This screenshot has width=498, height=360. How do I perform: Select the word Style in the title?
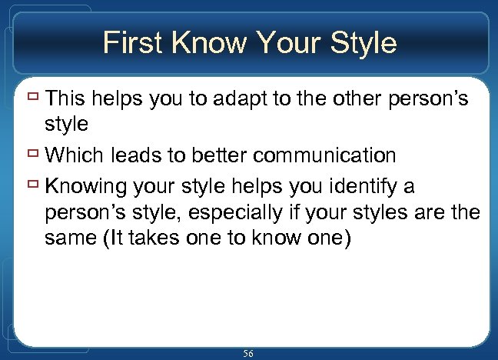360,42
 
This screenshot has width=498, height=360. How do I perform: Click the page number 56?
248,353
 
